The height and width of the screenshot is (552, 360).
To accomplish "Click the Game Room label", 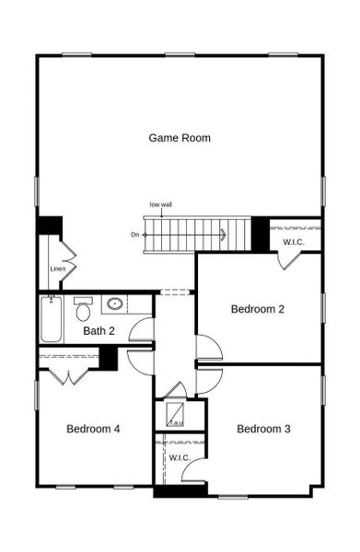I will tap(180, 138).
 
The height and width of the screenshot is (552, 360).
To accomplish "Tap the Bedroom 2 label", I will tap(257, 309).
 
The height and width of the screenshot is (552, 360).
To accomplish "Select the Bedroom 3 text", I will tap(263, 429).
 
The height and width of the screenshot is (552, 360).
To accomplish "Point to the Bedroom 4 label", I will tap(93, 429).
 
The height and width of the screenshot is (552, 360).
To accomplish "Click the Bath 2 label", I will tap(99, 331).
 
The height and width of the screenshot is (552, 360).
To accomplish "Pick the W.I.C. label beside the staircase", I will tap(294, 242).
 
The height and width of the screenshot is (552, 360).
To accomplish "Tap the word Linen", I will tap(58, 269).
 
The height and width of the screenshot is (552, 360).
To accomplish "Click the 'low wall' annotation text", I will tap(161, 204).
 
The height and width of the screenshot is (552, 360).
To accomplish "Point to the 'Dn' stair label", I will tap(134, 236).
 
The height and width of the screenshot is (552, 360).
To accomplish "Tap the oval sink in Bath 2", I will tap(116, 304).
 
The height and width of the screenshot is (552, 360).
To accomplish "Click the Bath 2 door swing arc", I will tap(141, 328).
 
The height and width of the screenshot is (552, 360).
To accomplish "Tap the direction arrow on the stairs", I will tap(223, 234).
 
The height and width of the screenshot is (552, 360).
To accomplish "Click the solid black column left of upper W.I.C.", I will tap(261, 234).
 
